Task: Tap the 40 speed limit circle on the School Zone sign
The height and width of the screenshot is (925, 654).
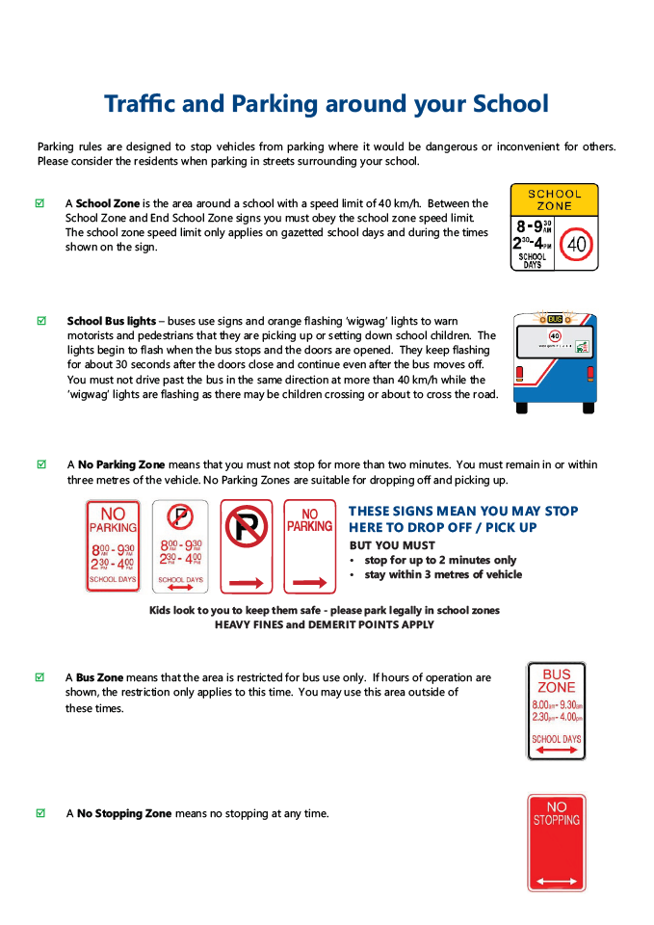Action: pyautogui.click(x=576, y=244)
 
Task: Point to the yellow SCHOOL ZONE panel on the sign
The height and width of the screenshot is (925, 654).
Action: pyautogui.click(x=554, y=199)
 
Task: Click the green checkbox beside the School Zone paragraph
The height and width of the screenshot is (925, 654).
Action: pyautogui.click(x=40, y=203)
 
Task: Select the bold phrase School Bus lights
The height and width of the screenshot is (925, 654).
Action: pyautogui.click(x=111, y=321)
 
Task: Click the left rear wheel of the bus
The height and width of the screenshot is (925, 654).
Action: pyautogui.click(x=522, y=407)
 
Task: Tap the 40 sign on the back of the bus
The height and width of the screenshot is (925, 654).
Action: pyautogui.click(x=555, y=335)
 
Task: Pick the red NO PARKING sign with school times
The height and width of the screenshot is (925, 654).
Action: pyautogui.click(x=113, y=545)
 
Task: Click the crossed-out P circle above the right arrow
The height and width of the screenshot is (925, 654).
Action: pyautogui.click(x=247, y=528)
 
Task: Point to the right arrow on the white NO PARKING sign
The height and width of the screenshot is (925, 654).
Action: pyautogui.click(x=309, y=583)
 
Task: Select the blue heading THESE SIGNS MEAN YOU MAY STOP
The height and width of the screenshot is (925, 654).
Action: pyautogui.click(x=463, y=512)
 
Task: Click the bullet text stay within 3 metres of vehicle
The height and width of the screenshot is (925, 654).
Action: pyautogui.click(x=443, y=575)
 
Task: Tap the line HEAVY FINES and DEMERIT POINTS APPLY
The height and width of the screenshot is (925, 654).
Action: pyautogui.click(x=324, y=624)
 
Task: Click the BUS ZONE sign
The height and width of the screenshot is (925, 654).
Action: pyautogui.click(x=556, y=710)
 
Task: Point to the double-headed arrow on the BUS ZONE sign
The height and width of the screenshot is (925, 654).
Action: pyautogui.click(x=556, y=750)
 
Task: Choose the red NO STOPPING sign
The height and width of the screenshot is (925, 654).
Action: pyautogui.click(x=556, y=842)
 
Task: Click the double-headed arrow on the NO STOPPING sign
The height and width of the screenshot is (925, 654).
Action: pyautogui.click(x=556, y=881)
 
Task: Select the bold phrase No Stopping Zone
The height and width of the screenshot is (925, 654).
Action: pyautogui.click(x=124, y=814)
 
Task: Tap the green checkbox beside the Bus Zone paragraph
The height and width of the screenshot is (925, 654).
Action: pyautogui.click(x=40, y=677)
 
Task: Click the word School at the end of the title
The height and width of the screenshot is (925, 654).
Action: pyautogui.click(x=511, y=104)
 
